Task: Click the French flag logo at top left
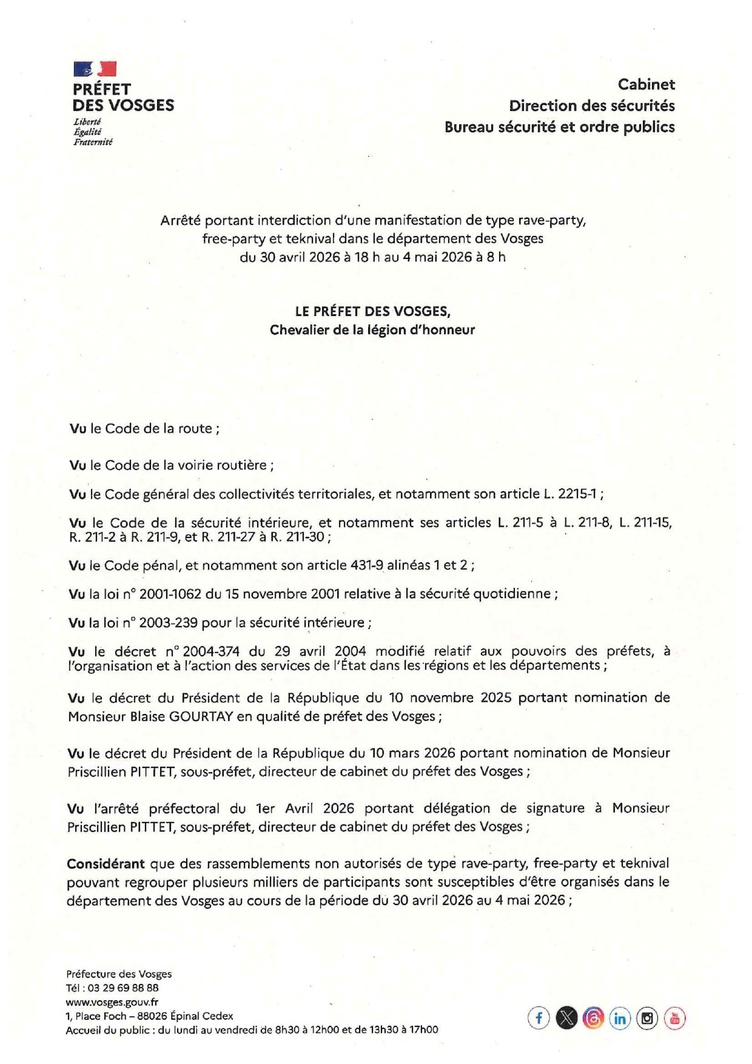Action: tap(95, 69)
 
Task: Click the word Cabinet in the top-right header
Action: tap(646, 84)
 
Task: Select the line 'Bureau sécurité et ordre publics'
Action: tap(559, 127)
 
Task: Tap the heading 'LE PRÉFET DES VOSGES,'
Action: tap(372, 311)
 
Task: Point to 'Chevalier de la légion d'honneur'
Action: tap(372, 330)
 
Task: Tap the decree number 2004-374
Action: tap(211, 652)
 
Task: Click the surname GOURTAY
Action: tap(201, 716)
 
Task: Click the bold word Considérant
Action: tap(106, 863)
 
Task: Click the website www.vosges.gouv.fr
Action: tap(112, 1002)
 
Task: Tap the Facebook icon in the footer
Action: tap(539, 1018)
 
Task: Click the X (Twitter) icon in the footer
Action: tap(566, 1018)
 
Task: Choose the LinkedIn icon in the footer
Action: tap(620, 1018)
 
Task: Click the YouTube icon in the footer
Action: tap(674, 1018)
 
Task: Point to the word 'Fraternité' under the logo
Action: tap(93, 142)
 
